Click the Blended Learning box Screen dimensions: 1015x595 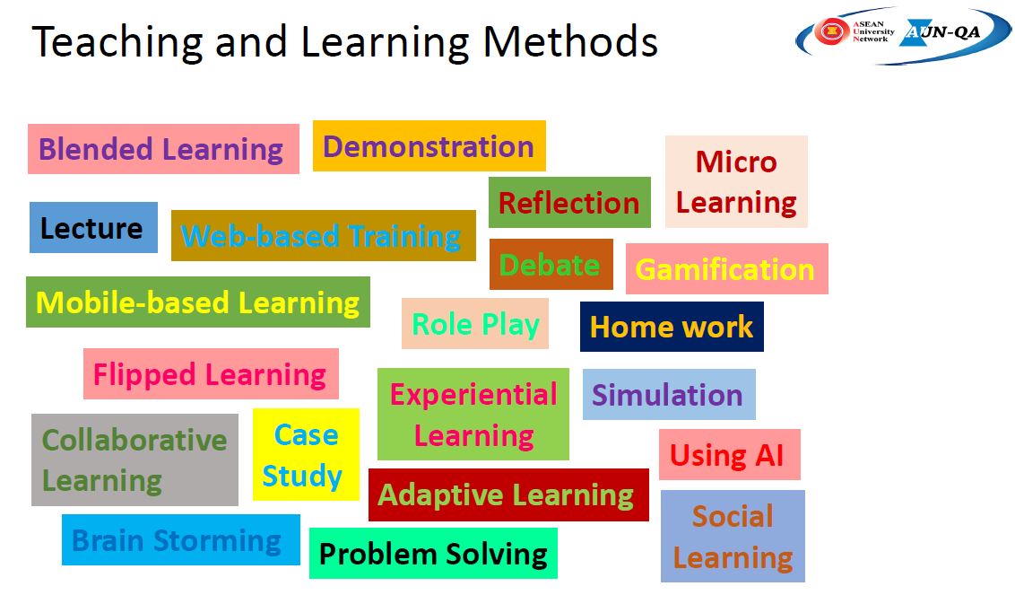pos(163,149)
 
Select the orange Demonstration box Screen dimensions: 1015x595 pos(429,145)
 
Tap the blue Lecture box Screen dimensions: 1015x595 pos(93,228)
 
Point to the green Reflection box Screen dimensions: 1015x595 pos(569,202)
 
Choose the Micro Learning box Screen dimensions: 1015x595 pos(737,181)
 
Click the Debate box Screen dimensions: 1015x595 pos(551,265)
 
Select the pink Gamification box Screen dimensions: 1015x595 pos(727,269)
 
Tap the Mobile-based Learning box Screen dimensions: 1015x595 pos(198,302)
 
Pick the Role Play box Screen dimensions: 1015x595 pos(475,323)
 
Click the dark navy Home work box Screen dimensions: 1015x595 pos(672,327)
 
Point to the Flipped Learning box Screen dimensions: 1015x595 pos(211,374)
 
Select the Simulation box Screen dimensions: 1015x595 pos(669,394)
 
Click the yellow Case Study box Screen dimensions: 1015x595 pos(306,454)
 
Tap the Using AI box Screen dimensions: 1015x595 pos(730,454)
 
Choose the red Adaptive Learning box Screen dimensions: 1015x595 pos(508,494)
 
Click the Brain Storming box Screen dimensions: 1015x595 pos(180,540)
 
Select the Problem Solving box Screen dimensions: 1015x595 pos(433,554)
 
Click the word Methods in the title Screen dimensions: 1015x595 pos(570,41)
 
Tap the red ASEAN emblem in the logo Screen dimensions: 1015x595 pos(832,31)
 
